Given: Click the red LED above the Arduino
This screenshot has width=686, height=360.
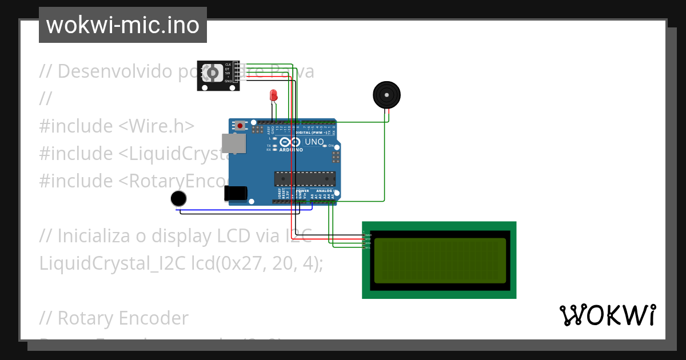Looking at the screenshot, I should tap(274, 95).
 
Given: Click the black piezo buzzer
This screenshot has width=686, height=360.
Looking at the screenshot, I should tap(387, 94).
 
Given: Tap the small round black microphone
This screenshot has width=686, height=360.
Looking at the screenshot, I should tap(179, 198).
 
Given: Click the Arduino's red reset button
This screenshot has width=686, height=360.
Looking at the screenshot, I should tap(241, 125).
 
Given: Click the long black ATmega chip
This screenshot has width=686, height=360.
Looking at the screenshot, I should tap(304, 178).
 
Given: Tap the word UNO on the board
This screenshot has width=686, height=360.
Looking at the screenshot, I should tap(314, 142).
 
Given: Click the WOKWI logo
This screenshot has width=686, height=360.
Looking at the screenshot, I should tap(608, 315).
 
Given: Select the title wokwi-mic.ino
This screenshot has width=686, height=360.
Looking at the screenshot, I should tap(122, 25).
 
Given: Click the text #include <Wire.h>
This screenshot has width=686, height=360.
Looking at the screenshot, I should tap(117, 126).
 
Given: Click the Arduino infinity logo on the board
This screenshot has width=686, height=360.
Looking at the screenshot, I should tap(290, 142).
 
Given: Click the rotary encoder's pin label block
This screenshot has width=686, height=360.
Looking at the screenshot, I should tap(228, 73).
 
